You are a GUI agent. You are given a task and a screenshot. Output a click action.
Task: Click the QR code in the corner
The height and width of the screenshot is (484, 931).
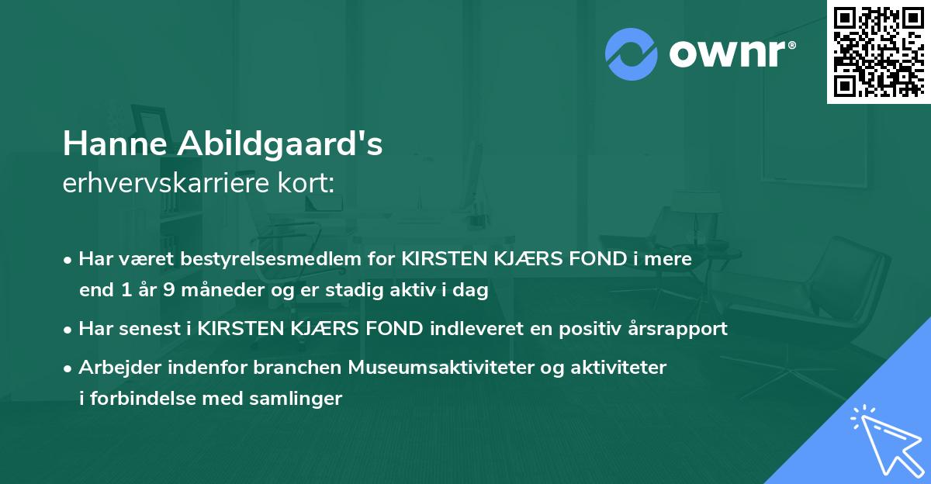pyautogui.click(x=878, y=52)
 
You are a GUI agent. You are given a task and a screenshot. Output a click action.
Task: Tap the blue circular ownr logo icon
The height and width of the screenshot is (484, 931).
pyautogui.click(x=632, y=53)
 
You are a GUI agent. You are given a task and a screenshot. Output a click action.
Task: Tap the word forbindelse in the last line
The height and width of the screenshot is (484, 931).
pyautogui.click(x=136, y=399)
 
